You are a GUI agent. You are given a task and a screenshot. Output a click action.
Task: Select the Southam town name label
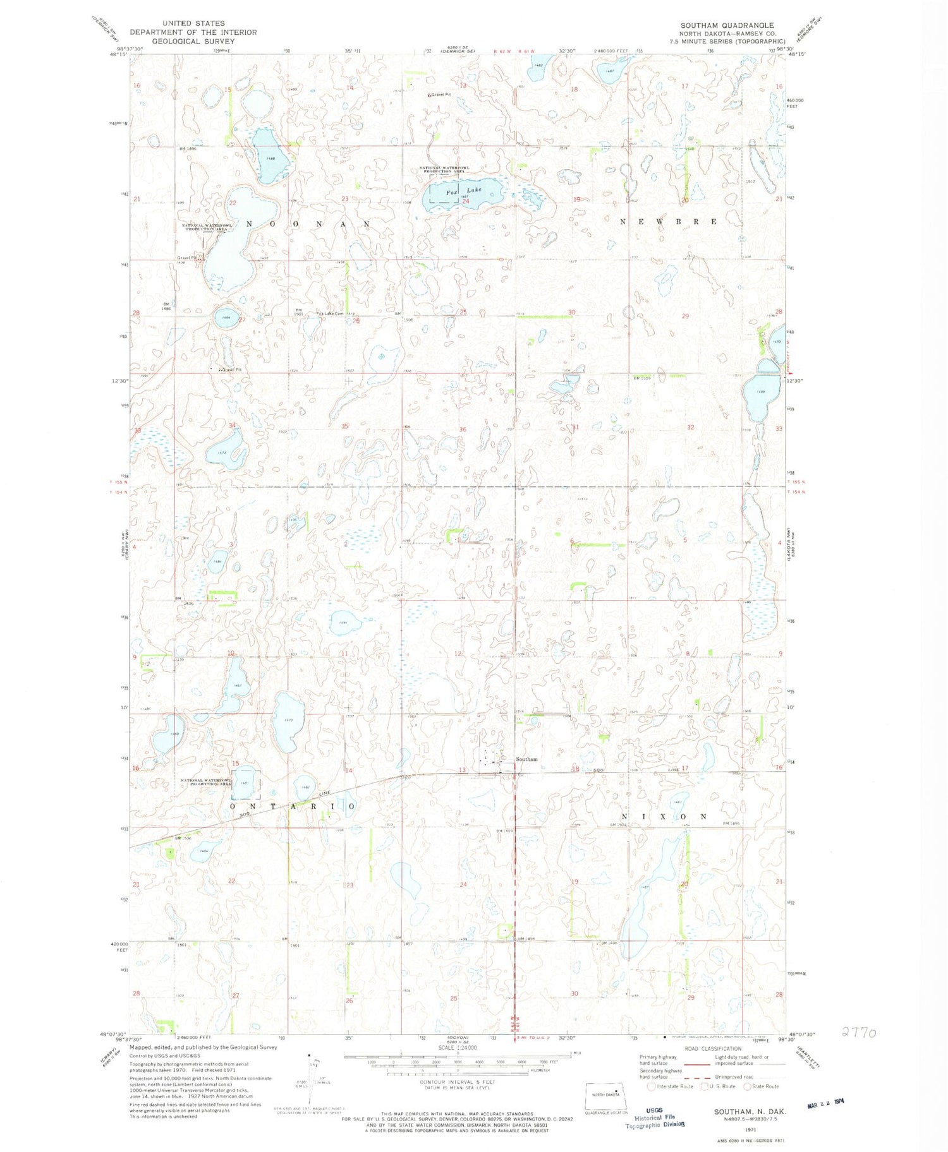pyautogui.click(x=526, y=759)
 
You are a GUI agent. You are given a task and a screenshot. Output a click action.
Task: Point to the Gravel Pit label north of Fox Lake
pyautogui.click(x=441, y=95)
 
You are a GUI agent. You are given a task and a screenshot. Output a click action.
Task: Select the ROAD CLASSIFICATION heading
pyautogui.click(x=709, y=1048)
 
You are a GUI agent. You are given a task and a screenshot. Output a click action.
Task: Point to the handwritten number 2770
pyautogui.click(x=858, y=1033)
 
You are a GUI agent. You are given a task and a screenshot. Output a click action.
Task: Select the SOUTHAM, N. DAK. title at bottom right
pyautogui.click(x=750, y=1111)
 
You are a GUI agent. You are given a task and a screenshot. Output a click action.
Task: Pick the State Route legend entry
pyautogui.click(x=761, y=1086)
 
